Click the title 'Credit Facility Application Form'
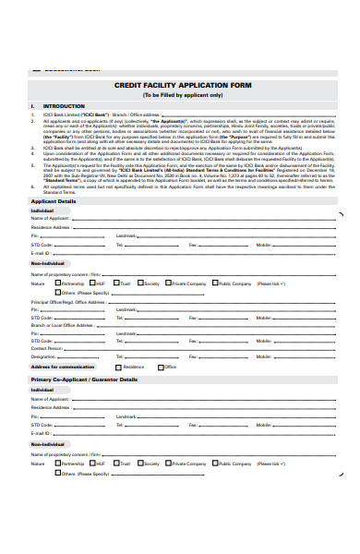(184, 84)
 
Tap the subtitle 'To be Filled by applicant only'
(183, 95)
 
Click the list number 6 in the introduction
(33, 186)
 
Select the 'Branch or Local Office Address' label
(62, 325)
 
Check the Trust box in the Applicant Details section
(116, 283)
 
